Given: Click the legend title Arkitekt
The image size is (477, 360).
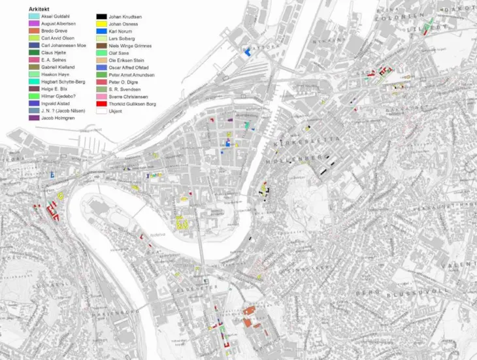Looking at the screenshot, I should click(39, 9).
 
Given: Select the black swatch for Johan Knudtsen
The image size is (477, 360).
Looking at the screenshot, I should click(102, 16).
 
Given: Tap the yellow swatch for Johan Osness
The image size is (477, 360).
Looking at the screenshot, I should click(102, 24).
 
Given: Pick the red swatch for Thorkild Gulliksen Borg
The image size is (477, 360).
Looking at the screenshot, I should click(102, 103).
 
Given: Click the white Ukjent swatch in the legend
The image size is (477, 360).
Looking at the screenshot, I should click(102, 111).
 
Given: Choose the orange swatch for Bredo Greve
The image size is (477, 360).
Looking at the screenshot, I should click(34, 31).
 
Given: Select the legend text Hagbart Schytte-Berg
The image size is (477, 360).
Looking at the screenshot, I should click(63, 82).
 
